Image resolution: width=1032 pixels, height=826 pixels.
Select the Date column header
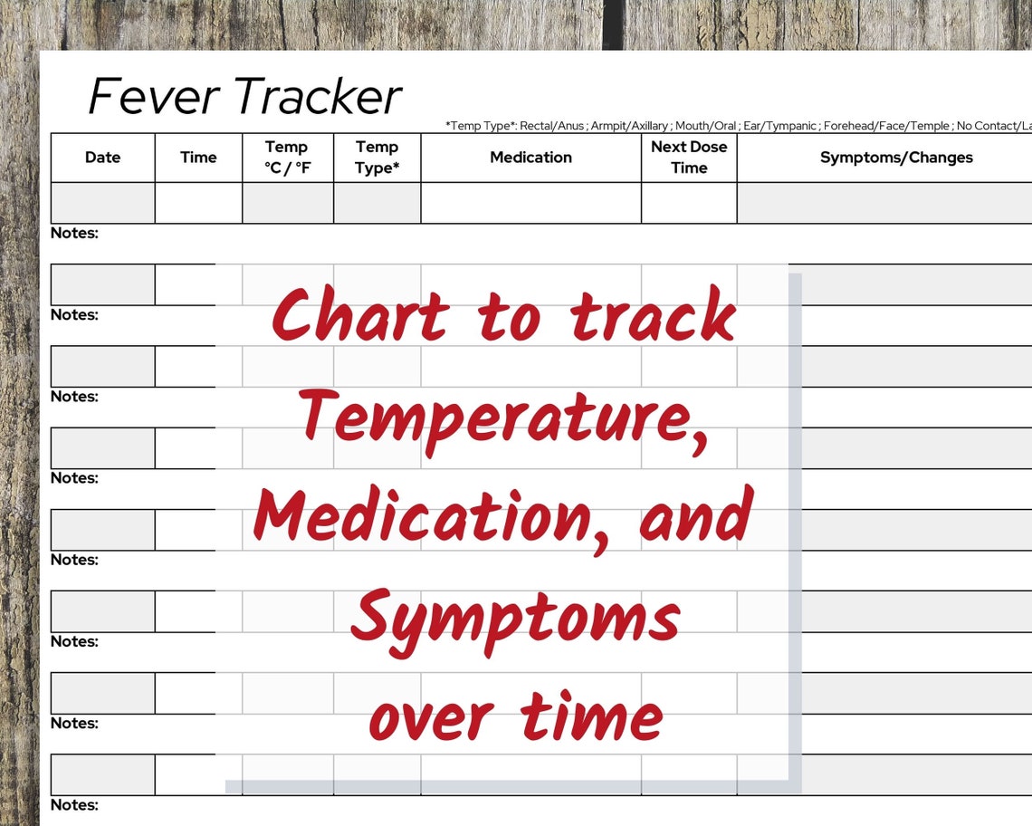click(102, 158)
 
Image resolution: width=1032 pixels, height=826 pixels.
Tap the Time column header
click(198, 158)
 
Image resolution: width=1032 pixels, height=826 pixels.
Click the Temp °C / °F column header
click(287, 158)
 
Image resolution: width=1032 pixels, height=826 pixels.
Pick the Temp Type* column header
click(377, 158)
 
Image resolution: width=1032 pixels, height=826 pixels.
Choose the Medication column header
click(530, 158)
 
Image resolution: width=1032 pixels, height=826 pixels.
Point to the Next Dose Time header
click(689, 158)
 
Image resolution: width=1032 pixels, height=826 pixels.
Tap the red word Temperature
click(502, 418)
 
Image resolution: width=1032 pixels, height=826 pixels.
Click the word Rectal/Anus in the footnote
click(552, 126)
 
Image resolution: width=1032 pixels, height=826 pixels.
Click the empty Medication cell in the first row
click(530, 203)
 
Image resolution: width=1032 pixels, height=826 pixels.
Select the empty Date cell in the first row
click(102, 203)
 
